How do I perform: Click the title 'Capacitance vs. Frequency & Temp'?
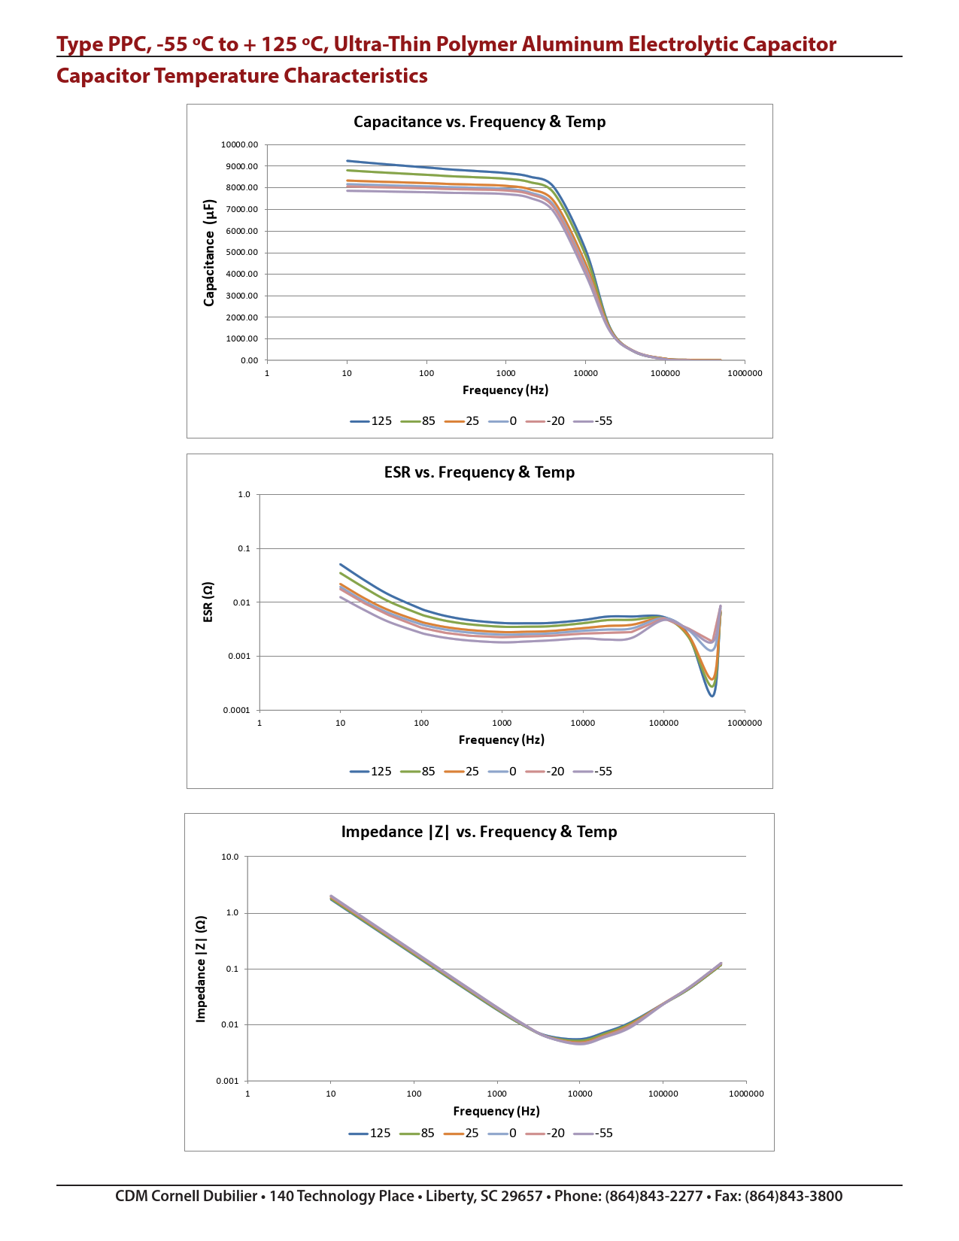(479, 122)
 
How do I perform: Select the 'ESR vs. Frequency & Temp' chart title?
(479, 472)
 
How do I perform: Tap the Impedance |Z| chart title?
(479, 832)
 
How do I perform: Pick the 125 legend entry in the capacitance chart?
(372, 421)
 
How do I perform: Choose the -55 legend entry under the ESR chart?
(594, 772)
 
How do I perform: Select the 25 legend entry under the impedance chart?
(463, 1133)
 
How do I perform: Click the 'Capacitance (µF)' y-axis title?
(209, 253)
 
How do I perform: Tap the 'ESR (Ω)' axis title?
(208, 602)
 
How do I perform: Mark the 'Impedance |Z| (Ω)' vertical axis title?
(201, 969)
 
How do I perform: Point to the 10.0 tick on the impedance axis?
(229, 857)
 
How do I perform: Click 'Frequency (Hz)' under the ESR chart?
(501, 740)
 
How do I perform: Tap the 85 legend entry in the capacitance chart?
(419, 421)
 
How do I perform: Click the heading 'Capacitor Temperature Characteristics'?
(242, 76)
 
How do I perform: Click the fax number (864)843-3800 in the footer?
(794, 1197)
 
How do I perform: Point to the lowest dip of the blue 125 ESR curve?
(712, 696)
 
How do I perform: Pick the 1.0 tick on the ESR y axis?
(244, 495)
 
